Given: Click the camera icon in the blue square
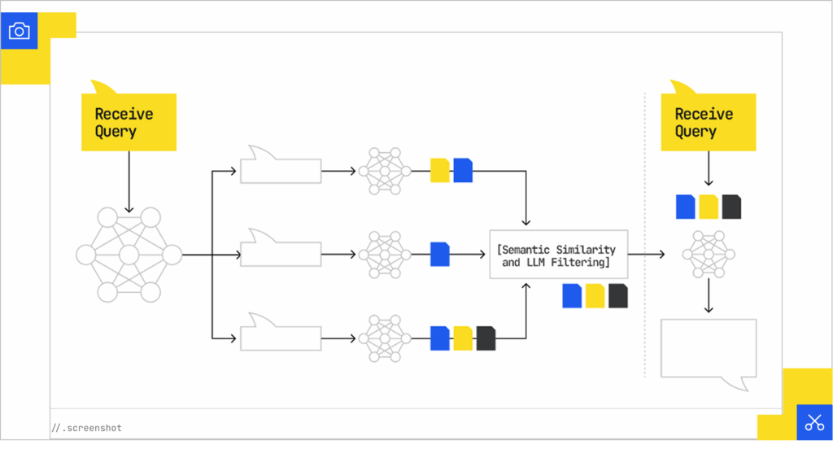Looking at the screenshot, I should [19, 31].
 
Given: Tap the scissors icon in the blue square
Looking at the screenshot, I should [814, 422].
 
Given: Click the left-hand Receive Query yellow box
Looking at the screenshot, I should [129, 122].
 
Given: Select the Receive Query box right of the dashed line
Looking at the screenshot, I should [708, 122].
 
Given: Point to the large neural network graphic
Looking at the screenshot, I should [129, 255].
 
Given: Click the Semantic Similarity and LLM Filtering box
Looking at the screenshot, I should [558, 255].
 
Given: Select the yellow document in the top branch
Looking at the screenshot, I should [439, 170].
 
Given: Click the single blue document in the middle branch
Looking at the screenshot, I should [439, 255].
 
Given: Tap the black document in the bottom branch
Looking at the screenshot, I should [486, 338].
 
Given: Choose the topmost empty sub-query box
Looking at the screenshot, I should [281, 170].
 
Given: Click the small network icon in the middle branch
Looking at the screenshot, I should [384, 255].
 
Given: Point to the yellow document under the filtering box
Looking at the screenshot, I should [595, 296].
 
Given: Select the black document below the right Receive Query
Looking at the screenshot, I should [731, 207].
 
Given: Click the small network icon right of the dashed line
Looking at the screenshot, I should [709, 255].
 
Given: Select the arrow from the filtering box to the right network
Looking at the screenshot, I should [646, 255].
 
